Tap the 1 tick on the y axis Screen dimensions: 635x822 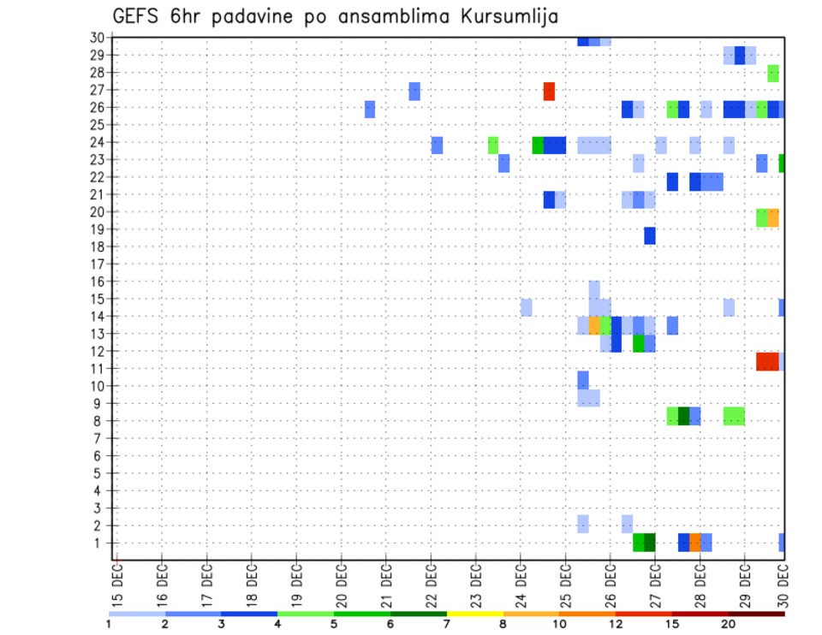coord(100,543)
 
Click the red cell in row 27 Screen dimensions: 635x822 coord(549,91)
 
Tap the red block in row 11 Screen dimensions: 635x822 coord(767,361)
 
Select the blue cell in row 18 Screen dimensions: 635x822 coord(650,235)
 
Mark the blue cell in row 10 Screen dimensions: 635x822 coord(583,379)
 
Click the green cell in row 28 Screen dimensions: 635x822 coord(773,73)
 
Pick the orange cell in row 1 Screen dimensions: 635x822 coord(695,543)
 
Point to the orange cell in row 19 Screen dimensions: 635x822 coord(773,217)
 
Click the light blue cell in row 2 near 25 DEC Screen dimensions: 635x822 coord(583,524)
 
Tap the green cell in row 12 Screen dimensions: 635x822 coord(639,343)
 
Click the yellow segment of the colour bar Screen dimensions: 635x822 coord(474,613)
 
